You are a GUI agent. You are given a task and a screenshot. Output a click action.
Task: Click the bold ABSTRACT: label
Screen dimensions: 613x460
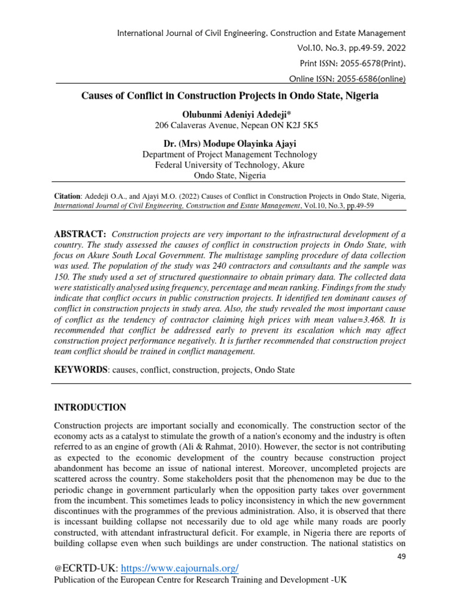tap(81, 233)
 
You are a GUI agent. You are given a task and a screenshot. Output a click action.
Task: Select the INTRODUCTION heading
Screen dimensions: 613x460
tap(90, 407)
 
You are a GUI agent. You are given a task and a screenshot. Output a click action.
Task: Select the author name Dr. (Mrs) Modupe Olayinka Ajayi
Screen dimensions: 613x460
tap(230, 143)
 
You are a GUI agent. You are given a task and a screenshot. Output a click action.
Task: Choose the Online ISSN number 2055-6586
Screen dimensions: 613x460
tap(340, 78)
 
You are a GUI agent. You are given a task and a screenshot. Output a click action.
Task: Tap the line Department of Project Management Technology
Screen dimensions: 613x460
tap(230, 154)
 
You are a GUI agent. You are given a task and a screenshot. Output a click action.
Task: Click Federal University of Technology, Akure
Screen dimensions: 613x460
tap(230, 165)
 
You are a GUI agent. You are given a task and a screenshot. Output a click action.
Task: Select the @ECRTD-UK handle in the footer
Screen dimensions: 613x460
tap(81, 568)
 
